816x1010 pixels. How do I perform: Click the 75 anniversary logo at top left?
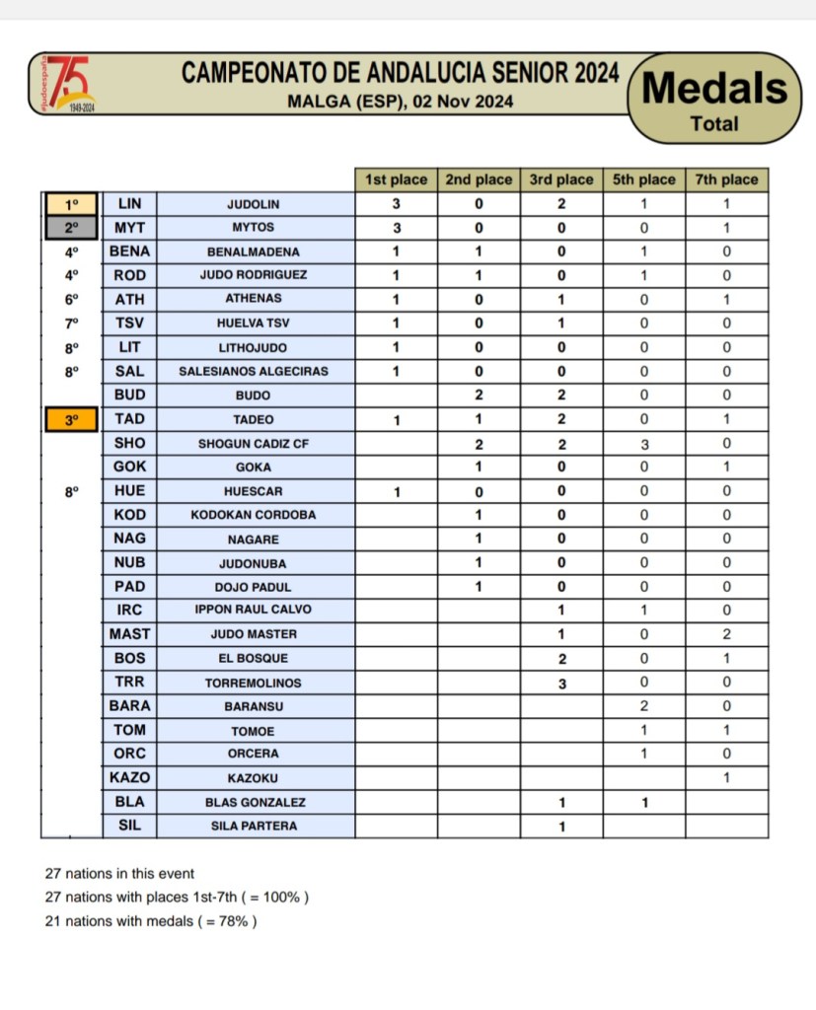tap(70, 84)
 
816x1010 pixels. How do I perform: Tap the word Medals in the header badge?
tap(715, 89)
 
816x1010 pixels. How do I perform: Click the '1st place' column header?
tap(396, 180)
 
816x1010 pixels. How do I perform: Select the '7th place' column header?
tap(726, 180)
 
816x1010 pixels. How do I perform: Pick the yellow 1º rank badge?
tap(70, 204)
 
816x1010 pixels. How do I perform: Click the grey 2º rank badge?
tap(70, 228)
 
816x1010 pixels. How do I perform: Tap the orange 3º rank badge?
tap(70, 419)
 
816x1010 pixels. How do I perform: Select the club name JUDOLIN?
tap(254, 204)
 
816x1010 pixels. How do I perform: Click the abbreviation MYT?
tap(129, 228)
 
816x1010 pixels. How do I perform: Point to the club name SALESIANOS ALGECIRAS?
tap(254, 372)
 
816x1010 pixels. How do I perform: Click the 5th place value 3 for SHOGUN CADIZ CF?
tap(643, 444)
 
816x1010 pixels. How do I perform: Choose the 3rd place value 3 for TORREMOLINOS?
tap(561, 683)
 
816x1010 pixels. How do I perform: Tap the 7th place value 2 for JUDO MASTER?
tap(726, 634)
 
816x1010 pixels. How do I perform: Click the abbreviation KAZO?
tap(129, 778)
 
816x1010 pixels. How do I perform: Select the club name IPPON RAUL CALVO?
tap(254, 611)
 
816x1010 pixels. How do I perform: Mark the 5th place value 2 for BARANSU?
tap(643, 706)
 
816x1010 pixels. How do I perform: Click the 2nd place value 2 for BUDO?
tap(479, 396)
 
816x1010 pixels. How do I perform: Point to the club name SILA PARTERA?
tap(254, 827)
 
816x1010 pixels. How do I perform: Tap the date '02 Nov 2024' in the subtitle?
tap(463, 101)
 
